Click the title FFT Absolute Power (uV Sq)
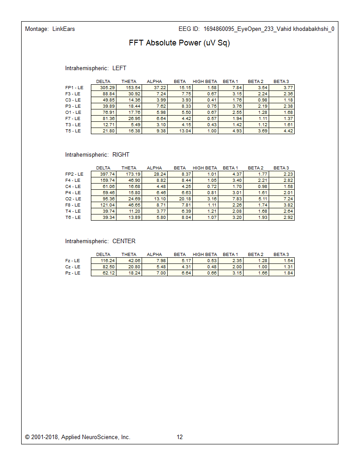[179, 43]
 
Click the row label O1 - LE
[73, 113]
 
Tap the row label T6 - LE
[73, 218]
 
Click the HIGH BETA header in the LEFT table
[205, 82]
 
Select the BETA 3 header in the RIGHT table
[281, 168]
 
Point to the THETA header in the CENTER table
[129, 255]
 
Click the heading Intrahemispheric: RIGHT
[97, 155]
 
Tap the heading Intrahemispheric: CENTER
[100, 241]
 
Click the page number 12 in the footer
[180, 437]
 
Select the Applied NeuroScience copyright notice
[78, 437]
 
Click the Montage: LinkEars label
[50, 29]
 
